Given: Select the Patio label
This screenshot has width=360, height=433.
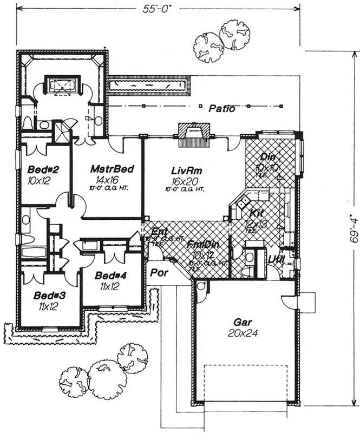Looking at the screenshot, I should pos(222,109).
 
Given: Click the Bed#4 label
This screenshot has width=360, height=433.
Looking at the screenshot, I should pos(110,275).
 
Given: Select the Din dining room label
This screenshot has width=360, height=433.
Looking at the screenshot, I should pos(267,157).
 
